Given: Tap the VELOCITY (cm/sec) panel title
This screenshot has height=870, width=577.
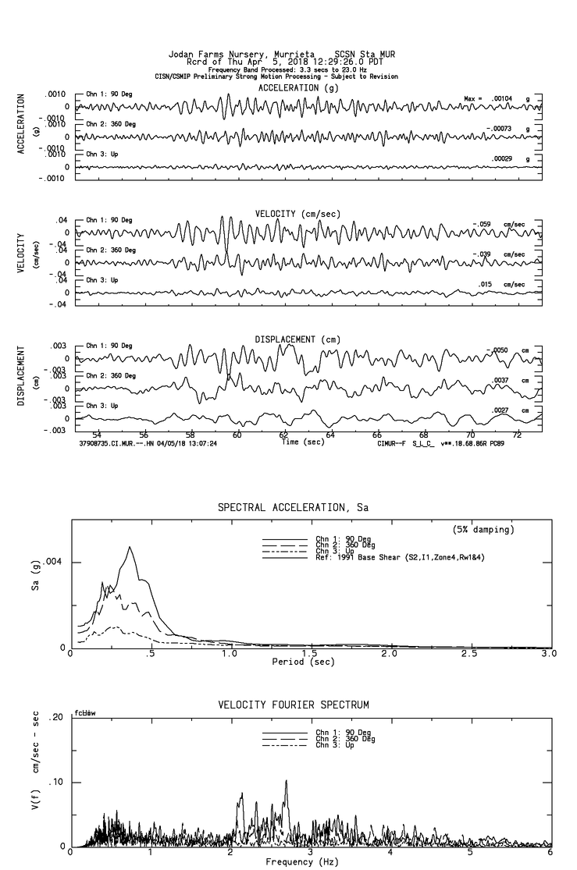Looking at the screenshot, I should pos(297,214).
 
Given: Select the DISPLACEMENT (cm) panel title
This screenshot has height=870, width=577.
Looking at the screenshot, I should pos(296,339).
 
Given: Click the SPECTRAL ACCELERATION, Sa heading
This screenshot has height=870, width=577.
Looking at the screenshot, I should pos(293,508).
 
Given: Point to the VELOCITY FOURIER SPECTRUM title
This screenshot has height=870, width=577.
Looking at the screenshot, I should pos(293,705).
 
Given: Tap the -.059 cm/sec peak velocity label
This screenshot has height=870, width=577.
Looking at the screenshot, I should pos(498,225).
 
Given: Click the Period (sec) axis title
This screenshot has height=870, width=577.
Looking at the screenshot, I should pos(304,662).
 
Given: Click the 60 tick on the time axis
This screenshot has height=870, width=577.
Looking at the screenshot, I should pos(237,434).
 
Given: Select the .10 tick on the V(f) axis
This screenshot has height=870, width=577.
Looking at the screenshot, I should pos(57,782).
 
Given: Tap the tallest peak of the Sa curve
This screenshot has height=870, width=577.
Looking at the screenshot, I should pos(129,547).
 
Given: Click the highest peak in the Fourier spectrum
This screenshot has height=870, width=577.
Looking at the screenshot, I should pos(286,780).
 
